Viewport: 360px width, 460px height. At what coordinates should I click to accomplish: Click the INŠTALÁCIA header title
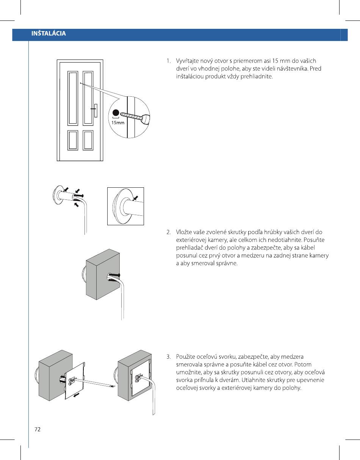tap(49, 33)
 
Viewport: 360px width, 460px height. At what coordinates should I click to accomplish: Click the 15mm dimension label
tap(117, 122)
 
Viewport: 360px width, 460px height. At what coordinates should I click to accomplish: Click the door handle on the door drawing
tap(96, 110)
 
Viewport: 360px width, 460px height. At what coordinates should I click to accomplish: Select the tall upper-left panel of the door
tap(72, 98)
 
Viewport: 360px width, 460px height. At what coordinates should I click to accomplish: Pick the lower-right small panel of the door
tap(88, 140)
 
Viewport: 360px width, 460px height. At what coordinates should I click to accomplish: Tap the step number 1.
tap(168, 61)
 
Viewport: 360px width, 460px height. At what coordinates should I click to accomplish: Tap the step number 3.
tap(168, 357)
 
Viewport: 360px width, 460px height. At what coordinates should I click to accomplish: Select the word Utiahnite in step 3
tap(269, 380)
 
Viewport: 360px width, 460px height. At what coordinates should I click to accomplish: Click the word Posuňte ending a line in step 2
tap(315, 240)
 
